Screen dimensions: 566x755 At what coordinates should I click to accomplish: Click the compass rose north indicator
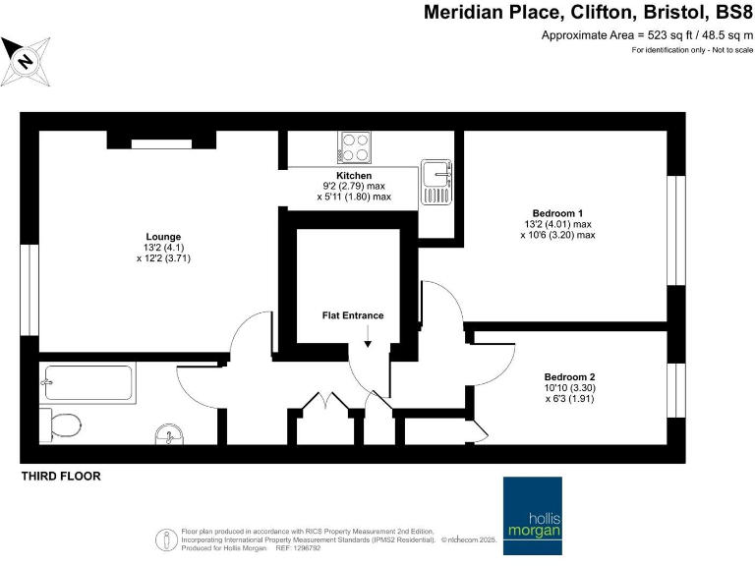tap(27, 60)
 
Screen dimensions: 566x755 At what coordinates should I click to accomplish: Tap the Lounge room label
tap(161, 236)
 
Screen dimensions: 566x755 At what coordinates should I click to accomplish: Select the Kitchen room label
tap(353, 175)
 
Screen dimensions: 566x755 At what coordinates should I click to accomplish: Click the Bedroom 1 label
tap(558, 213)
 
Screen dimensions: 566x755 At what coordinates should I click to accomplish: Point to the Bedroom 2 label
tap(570, 376)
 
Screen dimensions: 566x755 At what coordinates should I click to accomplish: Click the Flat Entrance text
tap(353, 315)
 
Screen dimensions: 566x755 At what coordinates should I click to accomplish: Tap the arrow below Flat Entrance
tap(368, 339)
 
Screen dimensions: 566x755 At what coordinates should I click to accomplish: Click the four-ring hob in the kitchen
tap(356, 147)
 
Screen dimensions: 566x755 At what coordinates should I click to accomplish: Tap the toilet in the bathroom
tap(61, 424)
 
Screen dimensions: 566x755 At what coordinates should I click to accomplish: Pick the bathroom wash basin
tap(168, 433)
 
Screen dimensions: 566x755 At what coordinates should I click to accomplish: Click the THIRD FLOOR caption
tap(61, 477)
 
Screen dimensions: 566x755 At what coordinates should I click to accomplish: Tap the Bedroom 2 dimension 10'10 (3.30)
tap(570, 388)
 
